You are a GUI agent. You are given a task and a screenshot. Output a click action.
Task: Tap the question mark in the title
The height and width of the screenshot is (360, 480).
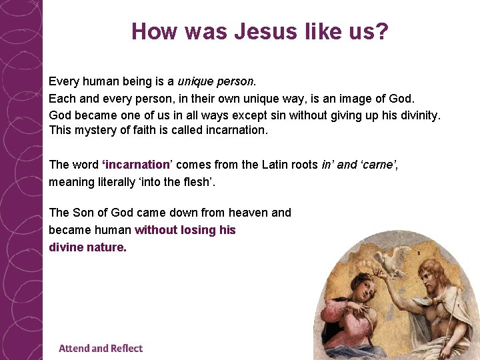tap(381, 31)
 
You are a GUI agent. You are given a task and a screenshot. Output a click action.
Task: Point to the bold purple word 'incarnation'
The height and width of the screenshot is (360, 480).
tap(136, 165)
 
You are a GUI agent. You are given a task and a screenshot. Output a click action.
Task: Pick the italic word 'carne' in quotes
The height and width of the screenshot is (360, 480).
tap(383, 165)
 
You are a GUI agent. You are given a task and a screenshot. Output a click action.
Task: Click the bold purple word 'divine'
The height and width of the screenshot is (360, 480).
tap(65, 247)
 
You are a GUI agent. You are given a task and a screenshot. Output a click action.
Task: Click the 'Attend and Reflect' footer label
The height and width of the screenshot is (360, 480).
tap(101, 348)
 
